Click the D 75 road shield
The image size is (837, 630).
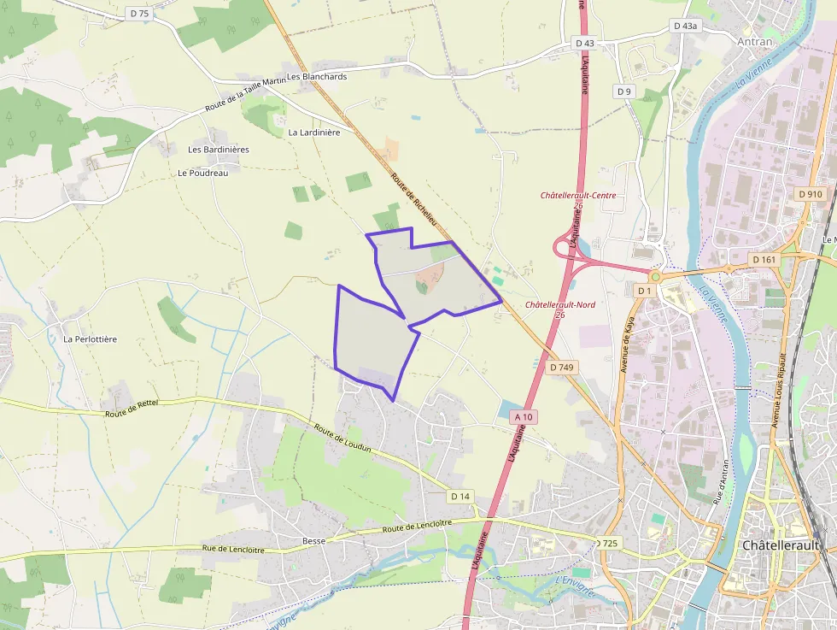[x=138, y=13]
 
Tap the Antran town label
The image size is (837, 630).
[x=754, y=41]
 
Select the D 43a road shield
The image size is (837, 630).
[x=685, y=26]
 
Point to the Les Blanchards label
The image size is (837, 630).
[x=318, y=76]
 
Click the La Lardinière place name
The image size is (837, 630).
[x=314, y=132]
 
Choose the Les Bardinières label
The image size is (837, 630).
[x=219, y=150]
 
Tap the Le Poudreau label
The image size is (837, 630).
[x=203, y=173]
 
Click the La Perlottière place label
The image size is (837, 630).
[x=90, y=339]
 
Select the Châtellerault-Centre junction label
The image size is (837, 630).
[x=578, y=196]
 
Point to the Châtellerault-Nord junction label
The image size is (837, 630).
[x=560, y=305]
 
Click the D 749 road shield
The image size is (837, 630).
[x=561, y=367]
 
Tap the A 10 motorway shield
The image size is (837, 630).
[x=524, y=417]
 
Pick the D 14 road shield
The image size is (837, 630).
[x=460, y=496]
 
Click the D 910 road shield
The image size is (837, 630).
[x=811, y=194]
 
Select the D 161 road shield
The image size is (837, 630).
[x=764, y=259]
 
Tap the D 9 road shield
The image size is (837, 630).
[x=624, y=91]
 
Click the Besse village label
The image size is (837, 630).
[x=314, y=541]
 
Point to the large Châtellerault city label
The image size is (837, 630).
[x=781, y=545]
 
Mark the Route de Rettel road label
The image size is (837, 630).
[x=132, y=409]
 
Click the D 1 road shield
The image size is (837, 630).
[x=644, y=291]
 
